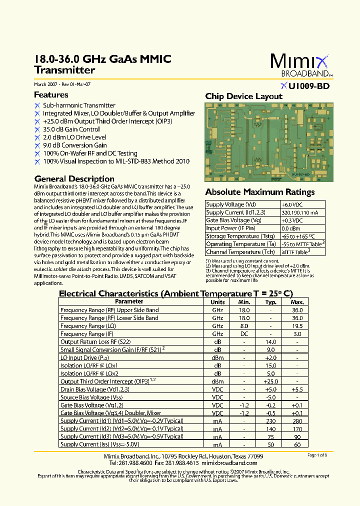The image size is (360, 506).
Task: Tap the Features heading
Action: (x=51, y=94)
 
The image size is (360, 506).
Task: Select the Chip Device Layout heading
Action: (x=243, y=96)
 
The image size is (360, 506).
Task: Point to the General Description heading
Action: (x=74, y=178)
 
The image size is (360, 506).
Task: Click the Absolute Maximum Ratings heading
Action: (x=259, y=192)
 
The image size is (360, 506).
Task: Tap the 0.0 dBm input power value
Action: (x=289, y=228)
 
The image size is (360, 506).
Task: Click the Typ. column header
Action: (x=270, y=302)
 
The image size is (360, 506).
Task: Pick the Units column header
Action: (x=217, y=302)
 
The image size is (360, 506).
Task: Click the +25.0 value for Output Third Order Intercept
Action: (x=270, y=381)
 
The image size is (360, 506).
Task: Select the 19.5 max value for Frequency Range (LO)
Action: (x=297, y=326)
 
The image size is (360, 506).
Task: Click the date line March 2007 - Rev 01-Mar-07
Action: (x=62, y=84)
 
